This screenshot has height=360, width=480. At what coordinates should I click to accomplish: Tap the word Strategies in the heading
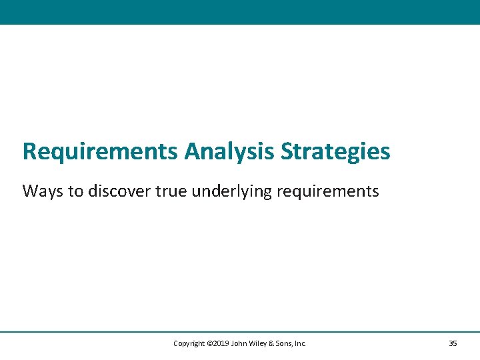[x=335, y=152]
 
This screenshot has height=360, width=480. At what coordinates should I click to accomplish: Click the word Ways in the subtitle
[x=43, y=192]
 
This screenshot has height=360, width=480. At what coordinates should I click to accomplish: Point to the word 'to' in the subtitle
[x=77, y=192]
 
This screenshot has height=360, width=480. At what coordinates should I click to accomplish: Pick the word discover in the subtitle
[x=119, y=192]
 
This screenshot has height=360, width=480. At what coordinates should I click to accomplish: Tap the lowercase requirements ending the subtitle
[x=327, y=192]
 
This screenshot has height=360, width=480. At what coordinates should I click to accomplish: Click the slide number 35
[x=453, y=343]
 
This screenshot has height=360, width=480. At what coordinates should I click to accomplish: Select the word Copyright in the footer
[x=189, y=343]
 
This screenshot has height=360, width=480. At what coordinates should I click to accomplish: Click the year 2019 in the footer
[x=222, y=343]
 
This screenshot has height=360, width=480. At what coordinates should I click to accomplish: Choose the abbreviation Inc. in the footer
[x=300, y=343]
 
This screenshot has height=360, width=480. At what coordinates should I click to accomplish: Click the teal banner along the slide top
[x=240, y=12]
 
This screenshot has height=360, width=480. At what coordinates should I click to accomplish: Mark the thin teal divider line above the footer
[x=240, y=332]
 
